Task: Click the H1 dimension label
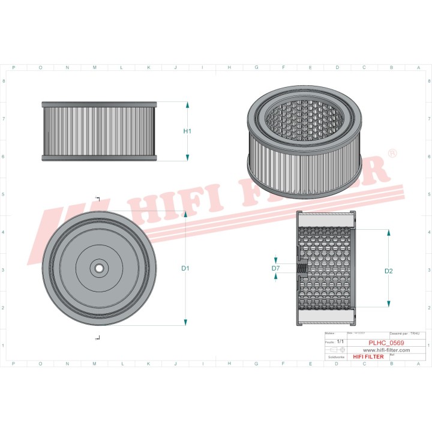coord(187,131)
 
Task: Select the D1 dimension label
coord(185,268)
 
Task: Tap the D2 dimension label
coord(388,271)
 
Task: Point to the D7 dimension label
coord(275,268)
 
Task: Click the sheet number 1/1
coord(341,341)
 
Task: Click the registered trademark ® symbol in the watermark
coord(392,154)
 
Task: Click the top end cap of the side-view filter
coord(99,104)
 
